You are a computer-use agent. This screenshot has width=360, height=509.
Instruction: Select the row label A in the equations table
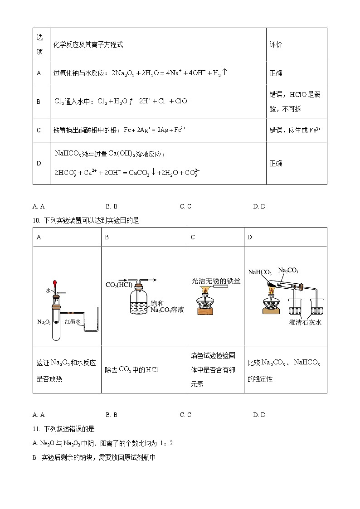pyautogui.click(x=39, y=73)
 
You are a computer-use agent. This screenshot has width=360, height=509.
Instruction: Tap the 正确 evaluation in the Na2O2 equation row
pyautogui.click(x=276, y=73)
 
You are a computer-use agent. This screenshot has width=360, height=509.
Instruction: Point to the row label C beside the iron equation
pyautogui.click(x=39, y=130)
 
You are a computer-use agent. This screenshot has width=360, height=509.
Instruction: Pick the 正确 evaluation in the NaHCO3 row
pyautogui.click(x=276, y=163)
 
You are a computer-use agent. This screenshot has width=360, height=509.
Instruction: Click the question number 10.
pyautogui.click(x=37, y=221)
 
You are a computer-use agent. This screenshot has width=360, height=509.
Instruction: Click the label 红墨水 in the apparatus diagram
pyautogui.click(x=73, y=321)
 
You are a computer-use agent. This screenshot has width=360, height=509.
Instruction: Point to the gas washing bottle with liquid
pyautogui.click(x=139, y=304)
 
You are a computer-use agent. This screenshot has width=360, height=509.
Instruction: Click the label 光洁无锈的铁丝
pyautogui.click(x=216, y=281)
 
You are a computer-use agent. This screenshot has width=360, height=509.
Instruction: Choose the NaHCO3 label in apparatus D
pyautogui.click(x=260, y=272)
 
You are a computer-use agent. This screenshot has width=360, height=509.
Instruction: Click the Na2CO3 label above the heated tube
pyautogui.click(x=288, y=270)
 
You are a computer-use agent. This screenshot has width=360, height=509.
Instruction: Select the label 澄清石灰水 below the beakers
pyautogui.click(x=305, y=323)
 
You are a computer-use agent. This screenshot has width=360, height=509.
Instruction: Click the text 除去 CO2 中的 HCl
pyautogui.click(x=131, y=370)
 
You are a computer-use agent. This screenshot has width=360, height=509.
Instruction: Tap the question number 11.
pyautogui.click(x=37, y=429)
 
